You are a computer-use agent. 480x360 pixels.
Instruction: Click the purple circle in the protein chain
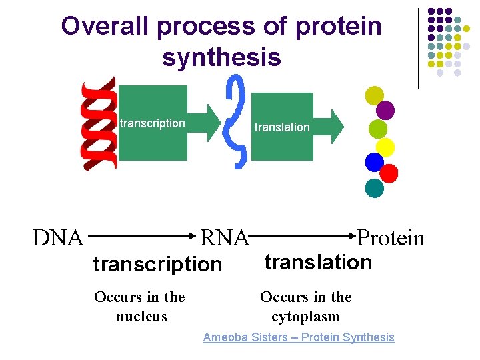(x=385, y=110)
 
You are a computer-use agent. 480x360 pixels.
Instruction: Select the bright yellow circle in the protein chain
(x=385, y=147)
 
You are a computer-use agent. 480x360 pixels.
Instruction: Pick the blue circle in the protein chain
(x=375, y=162)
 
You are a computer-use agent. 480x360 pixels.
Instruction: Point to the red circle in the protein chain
(x=389, y=173)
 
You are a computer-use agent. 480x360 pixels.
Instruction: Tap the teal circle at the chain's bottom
(x=375, y=189)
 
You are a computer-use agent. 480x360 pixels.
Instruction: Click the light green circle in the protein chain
(x=378, y=129)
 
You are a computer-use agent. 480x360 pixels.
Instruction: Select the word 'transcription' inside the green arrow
(x=152, y=123)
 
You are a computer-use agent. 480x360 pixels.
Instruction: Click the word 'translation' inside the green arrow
(x=282, y=127)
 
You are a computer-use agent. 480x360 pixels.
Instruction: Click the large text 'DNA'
(x=58, y=237)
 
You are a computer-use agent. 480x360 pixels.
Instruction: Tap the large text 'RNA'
(x=225, y=237)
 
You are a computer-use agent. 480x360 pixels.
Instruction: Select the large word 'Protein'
(x=391, y=237)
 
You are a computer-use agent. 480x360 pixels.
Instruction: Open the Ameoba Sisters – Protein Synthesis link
(x=298, y=337)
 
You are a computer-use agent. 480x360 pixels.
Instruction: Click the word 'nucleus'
(x=141, y=317)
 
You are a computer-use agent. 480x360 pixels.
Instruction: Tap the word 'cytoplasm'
(x=305, y=317)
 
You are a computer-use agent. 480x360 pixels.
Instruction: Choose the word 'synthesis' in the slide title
(x=221, y=57)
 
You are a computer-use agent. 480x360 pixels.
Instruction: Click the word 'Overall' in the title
(x=106, y=27)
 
